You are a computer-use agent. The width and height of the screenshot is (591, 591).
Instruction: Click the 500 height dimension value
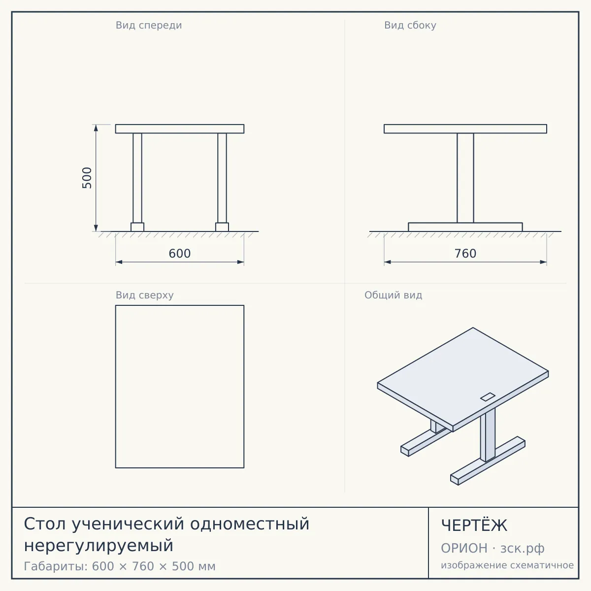[87, 178]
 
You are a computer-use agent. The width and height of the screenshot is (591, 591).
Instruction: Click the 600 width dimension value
[180, 254]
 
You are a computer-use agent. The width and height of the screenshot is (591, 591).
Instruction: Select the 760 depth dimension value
[465, 254]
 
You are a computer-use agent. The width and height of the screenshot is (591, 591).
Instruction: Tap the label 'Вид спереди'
[149, 25]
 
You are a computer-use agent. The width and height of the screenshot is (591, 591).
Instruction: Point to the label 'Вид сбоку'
[410, 25]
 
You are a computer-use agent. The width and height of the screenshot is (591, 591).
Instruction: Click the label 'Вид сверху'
[144, 295]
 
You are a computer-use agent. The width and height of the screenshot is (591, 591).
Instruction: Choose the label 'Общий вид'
[393, 295]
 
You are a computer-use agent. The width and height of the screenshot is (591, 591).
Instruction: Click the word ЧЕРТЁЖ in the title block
[474, 525]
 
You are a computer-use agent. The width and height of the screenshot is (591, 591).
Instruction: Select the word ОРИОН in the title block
[464, 548]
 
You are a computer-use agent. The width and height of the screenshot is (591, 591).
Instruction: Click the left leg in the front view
[137, 178]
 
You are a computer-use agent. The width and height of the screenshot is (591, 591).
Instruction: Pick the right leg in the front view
[222, 178]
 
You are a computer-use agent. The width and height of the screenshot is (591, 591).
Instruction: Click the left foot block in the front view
[137, 227]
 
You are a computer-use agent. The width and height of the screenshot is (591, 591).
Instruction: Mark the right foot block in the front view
[222, 227]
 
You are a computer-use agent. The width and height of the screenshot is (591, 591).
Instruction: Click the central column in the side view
[465, 178]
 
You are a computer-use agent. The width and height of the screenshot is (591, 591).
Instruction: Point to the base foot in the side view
[465, 227]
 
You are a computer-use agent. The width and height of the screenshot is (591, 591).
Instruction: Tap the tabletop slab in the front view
[180, 129]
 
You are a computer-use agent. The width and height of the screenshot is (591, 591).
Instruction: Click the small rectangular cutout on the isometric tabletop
[488, 397]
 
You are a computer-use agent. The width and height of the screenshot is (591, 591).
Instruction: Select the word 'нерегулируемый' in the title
[99, 546]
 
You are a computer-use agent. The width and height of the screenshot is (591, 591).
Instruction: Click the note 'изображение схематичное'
[507, 565]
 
